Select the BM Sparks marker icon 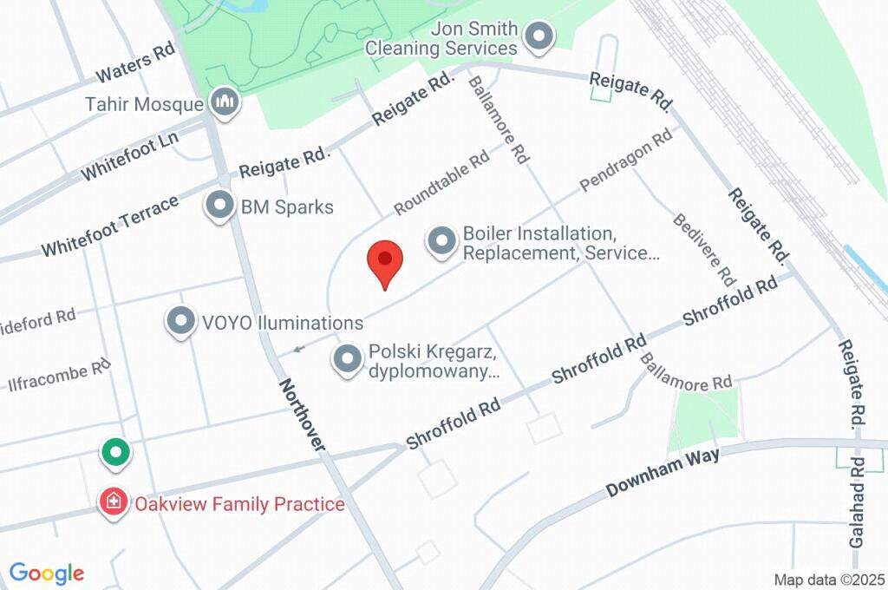[219, 206]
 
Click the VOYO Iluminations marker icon [180, 322]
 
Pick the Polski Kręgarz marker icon [348, 359]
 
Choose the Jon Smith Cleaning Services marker [540, 36]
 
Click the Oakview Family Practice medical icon [114, 503]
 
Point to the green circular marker [114, 452]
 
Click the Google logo [47, 573]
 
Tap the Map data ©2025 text [828, 579]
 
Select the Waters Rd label [135, 64]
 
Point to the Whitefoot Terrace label [110, 226]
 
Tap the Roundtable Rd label [441, 184]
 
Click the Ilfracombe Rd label [60, 375]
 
